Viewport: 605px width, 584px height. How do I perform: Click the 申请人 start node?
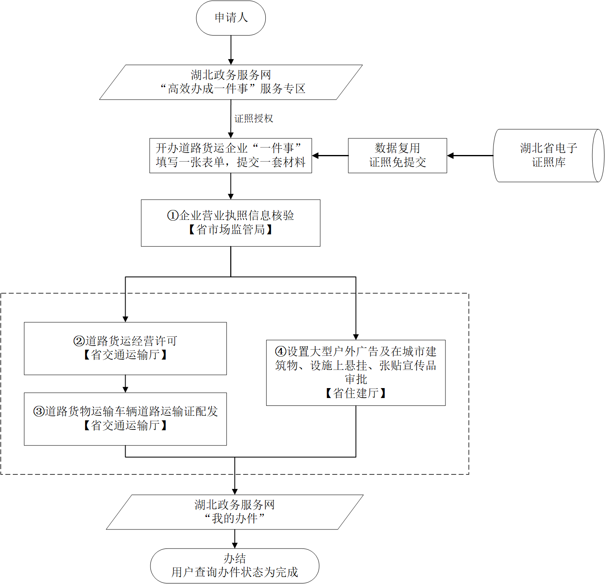tap(231, 18)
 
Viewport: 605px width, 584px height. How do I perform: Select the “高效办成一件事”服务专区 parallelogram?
tap(231, 82)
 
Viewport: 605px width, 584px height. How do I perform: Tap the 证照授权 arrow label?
tap(254, 119)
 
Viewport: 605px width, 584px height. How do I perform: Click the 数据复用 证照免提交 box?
tap(397, 155)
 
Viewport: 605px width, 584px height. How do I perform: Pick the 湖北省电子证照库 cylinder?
tap(548, 155)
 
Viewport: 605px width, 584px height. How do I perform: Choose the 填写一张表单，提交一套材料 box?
tap(231, 155)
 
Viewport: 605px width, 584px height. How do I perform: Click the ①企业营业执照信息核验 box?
tap(231, 223)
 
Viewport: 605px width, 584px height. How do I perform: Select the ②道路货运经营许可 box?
tap(125, 348)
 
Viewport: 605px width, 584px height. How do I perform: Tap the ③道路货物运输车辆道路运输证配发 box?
tap(125, 419)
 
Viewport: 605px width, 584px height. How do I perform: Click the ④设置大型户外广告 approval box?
tap(355, 372)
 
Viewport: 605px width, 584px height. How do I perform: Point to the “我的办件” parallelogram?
tap(234, 512)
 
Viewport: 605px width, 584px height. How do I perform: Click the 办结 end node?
tap(234, 565)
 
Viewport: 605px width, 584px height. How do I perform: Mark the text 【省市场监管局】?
tap(231, 230)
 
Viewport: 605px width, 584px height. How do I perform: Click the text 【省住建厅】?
tap(355, 393)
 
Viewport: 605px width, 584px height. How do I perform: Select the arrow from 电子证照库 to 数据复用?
tap(470, 156)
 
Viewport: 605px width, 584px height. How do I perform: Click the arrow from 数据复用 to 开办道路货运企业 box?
tap(330, 156)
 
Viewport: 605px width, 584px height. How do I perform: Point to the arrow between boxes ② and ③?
tap(125, 384)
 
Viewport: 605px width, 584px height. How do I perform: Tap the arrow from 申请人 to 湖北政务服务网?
tap(231, 50)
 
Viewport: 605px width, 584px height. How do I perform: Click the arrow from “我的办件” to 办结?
tap(234, 539)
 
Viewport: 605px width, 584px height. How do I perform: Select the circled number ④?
tap(281, 352)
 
